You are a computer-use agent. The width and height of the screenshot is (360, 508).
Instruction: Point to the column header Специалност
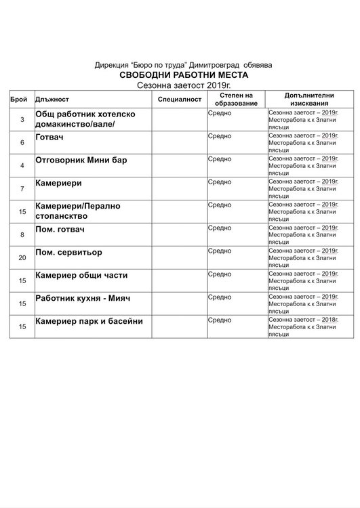(x=180, y=99)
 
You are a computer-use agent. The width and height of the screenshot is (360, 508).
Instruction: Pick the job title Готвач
(x=50, y=136)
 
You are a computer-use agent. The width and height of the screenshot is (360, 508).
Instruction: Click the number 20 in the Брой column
(x=23, y=257)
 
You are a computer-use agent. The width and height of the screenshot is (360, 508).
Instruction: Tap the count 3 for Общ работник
(x=23, y=120)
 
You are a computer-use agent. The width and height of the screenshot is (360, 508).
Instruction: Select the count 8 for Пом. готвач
(x=23, y=234)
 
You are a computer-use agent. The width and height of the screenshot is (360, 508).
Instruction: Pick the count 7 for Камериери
(x=23, y=188)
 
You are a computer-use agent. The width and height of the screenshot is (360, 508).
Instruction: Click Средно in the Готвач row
(x=220, y=136)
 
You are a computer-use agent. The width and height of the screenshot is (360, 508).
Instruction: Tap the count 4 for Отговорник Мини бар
(x=23, y=165)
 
